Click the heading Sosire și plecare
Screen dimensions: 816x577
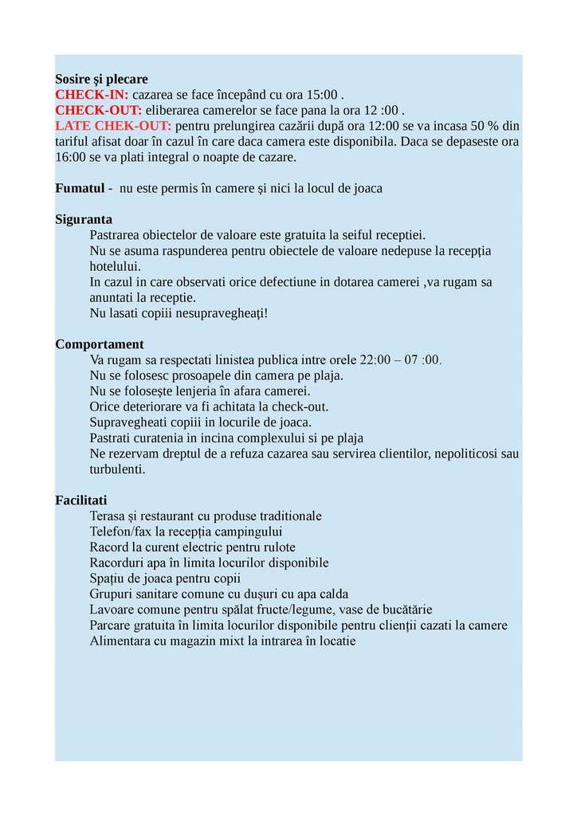pyautogui.click(x=101, y=80)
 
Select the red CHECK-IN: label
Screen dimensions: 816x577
pyautogui.click(x=92, y=95)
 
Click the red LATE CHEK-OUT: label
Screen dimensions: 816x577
pyautogui.click(x=113, y=126)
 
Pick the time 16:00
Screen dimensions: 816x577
pyautogui.click(x=71, y=157)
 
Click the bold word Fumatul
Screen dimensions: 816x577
pyautogui.click(x=80, y=188)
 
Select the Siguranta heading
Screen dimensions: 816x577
pyautogui.click(x=84, y=219)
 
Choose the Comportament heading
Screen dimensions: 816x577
pyautogui.click(x=100, y=344)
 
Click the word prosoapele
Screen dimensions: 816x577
pyautogui.click(x=189, y=375)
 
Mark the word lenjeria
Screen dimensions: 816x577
pyautogui.click(x=188, y=391)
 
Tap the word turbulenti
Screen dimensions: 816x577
pyautogui.click(x=117, y=469)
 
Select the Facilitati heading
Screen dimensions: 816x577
pyautogui.click(x=80, y=500)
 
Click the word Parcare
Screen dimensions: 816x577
pyautogui.click(x=112, y=625)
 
